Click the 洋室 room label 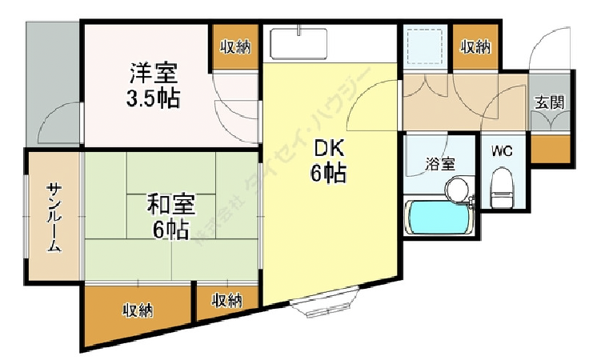point(154,74)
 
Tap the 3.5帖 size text point(153,98)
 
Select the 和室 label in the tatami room point(166,206)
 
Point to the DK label point(329,149)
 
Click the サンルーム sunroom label point(54,218)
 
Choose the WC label point(502,150)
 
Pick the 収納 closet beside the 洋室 point(235,46)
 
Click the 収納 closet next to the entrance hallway point(475,46)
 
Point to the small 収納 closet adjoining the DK point(227,300)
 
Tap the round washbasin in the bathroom point(457,189)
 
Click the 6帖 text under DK point(329,173)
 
